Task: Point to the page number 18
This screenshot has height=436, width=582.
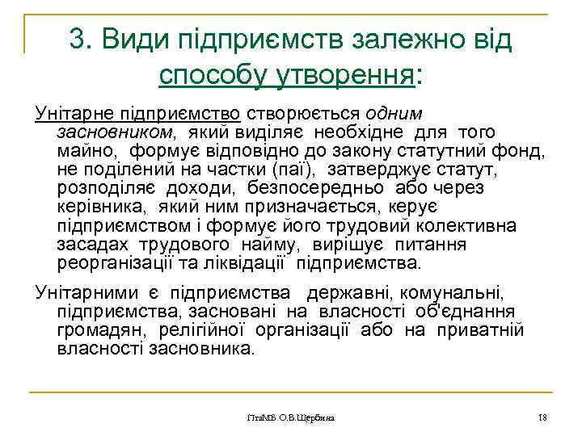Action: [542, 418]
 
